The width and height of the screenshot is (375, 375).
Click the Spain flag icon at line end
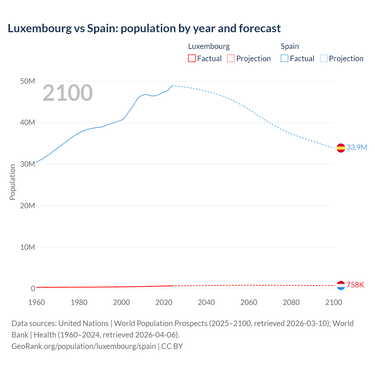(341, 148)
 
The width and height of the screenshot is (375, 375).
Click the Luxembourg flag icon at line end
(341, 285)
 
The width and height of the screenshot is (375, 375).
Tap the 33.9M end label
(357, 147)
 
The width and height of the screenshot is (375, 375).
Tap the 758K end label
(355, 285)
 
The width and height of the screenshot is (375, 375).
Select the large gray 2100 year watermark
(68, 93)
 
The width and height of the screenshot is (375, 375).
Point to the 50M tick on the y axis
(28, 81)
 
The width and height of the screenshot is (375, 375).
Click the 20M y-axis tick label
(28, 206)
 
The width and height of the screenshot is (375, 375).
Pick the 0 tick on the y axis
(33, 289)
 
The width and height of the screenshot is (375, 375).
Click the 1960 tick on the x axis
(37, 302)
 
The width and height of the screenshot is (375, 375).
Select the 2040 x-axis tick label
(206, 302)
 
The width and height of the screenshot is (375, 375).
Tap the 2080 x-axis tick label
(291, 302)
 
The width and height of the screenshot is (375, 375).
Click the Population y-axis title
(12, 182)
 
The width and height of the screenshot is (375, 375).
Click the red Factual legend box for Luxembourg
(192, 59)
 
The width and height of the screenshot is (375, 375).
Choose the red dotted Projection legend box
(231, 59)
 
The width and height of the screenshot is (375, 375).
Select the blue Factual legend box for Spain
(284, 59)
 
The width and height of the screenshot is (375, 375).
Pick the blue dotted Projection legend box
(324, 59)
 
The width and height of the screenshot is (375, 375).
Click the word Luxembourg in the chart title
(40, 28)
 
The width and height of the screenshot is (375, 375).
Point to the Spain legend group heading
(290, 46)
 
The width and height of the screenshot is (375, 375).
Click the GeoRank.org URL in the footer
(83, 346)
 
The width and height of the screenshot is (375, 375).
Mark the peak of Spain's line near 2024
(173, 86)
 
